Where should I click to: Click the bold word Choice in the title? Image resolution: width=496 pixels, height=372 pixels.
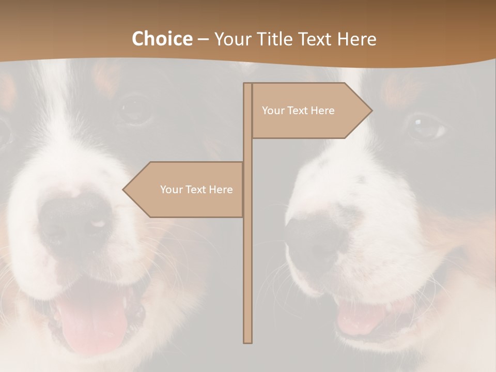(162, 39)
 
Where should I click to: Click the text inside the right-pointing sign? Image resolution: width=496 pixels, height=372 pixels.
(298, 111)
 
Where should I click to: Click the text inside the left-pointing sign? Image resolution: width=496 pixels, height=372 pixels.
(196, 190)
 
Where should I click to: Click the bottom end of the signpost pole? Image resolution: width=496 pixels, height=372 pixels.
(248, 341)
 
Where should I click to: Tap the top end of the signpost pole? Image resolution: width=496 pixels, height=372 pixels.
(248, 85)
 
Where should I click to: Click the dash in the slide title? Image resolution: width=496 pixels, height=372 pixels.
(203, 40)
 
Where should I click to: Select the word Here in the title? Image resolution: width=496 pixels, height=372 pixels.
(357, 39)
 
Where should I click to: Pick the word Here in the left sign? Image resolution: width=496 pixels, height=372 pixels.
(221, 190)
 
